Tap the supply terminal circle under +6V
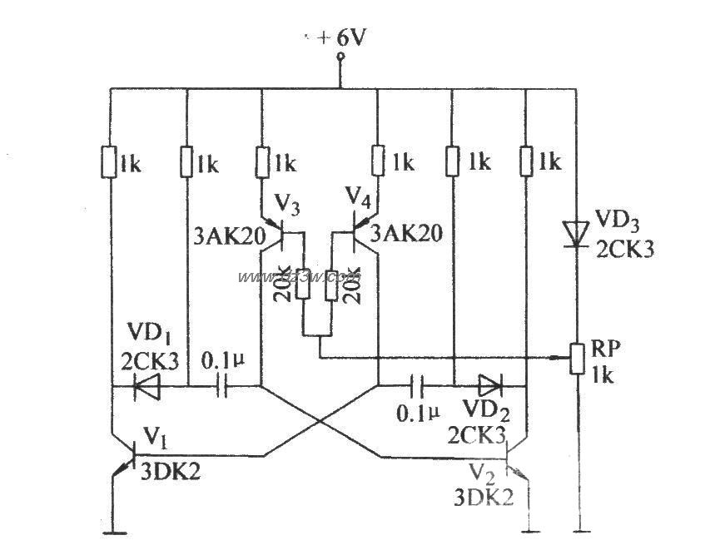point(340,57)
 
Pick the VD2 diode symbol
point(489,385)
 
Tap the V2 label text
point(478,472)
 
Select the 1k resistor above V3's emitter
point(262,161)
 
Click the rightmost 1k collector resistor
point(526,161)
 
